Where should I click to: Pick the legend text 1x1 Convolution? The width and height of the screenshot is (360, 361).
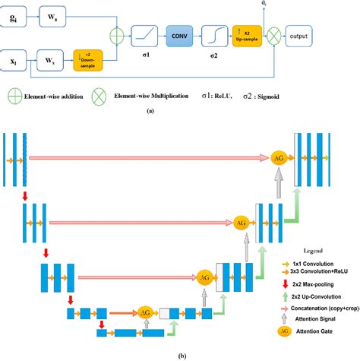click(316, 261)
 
